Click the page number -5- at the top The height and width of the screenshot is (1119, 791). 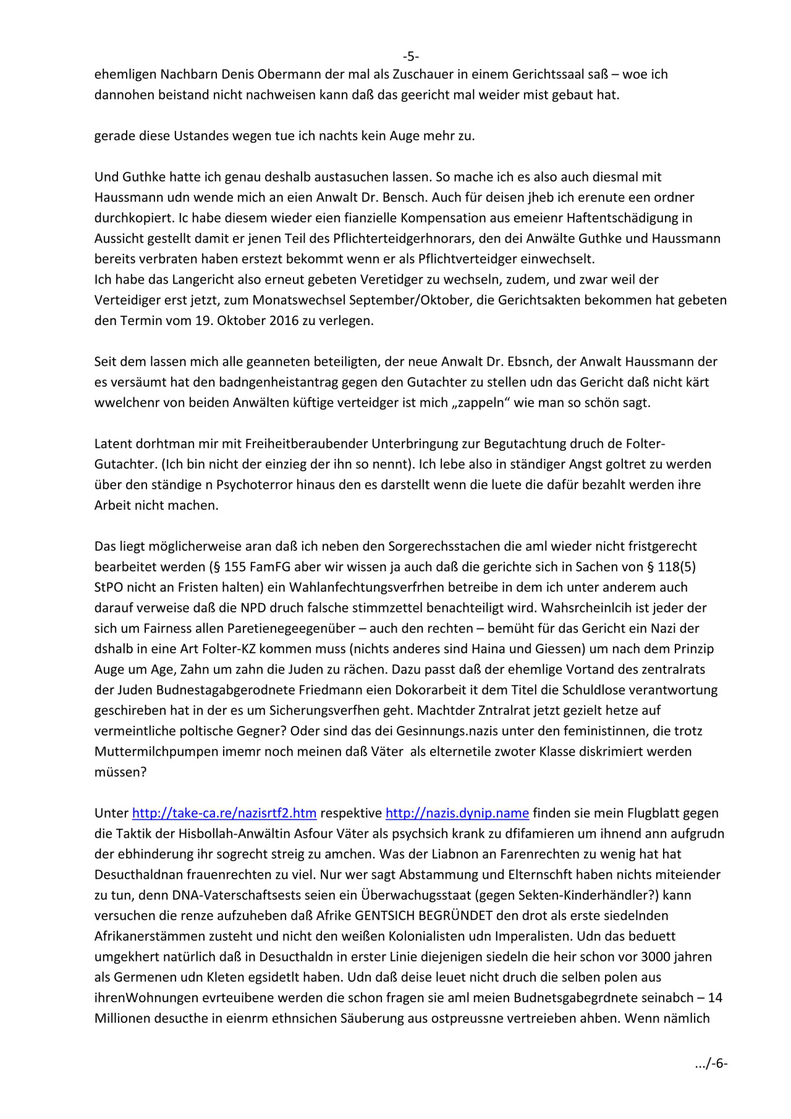tap(411, 57)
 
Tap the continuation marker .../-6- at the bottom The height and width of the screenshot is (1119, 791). tap(711, 1063)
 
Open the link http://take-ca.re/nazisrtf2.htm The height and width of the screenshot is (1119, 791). tap(224, 813)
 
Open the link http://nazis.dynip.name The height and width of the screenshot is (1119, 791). tap(457, 813)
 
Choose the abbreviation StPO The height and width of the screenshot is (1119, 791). tap(109, 587)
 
